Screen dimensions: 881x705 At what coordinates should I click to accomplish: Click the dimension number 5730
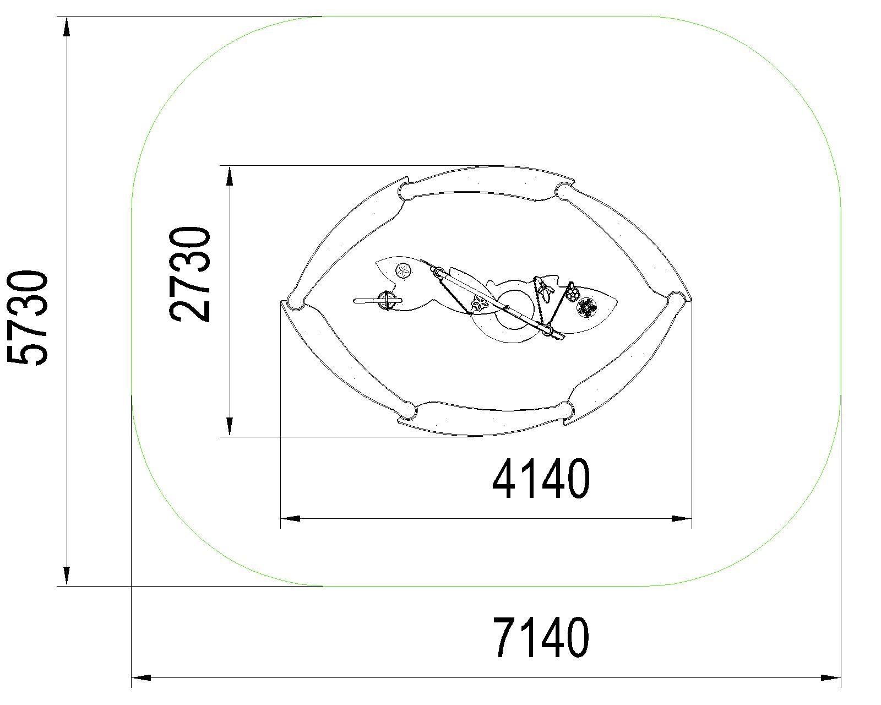[27, 317]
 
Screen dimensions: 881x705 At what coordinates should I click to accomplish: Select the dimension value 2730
[189, 274]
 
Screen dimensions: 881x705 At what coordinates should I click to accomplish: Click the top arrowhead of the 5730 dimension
[66, 26]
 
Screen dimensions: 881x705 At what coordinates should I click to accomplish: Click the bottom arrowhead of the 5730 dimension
[66, 576]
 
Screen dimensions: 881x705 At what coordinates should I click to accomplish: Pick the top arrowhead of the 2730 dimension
[230, 176]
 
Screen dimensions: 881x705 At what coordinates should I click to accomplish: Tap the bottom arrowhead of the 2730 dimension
[230, 427]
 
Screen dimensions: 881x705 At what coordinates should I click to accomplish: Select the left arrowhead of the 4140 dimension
[290, 519]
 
